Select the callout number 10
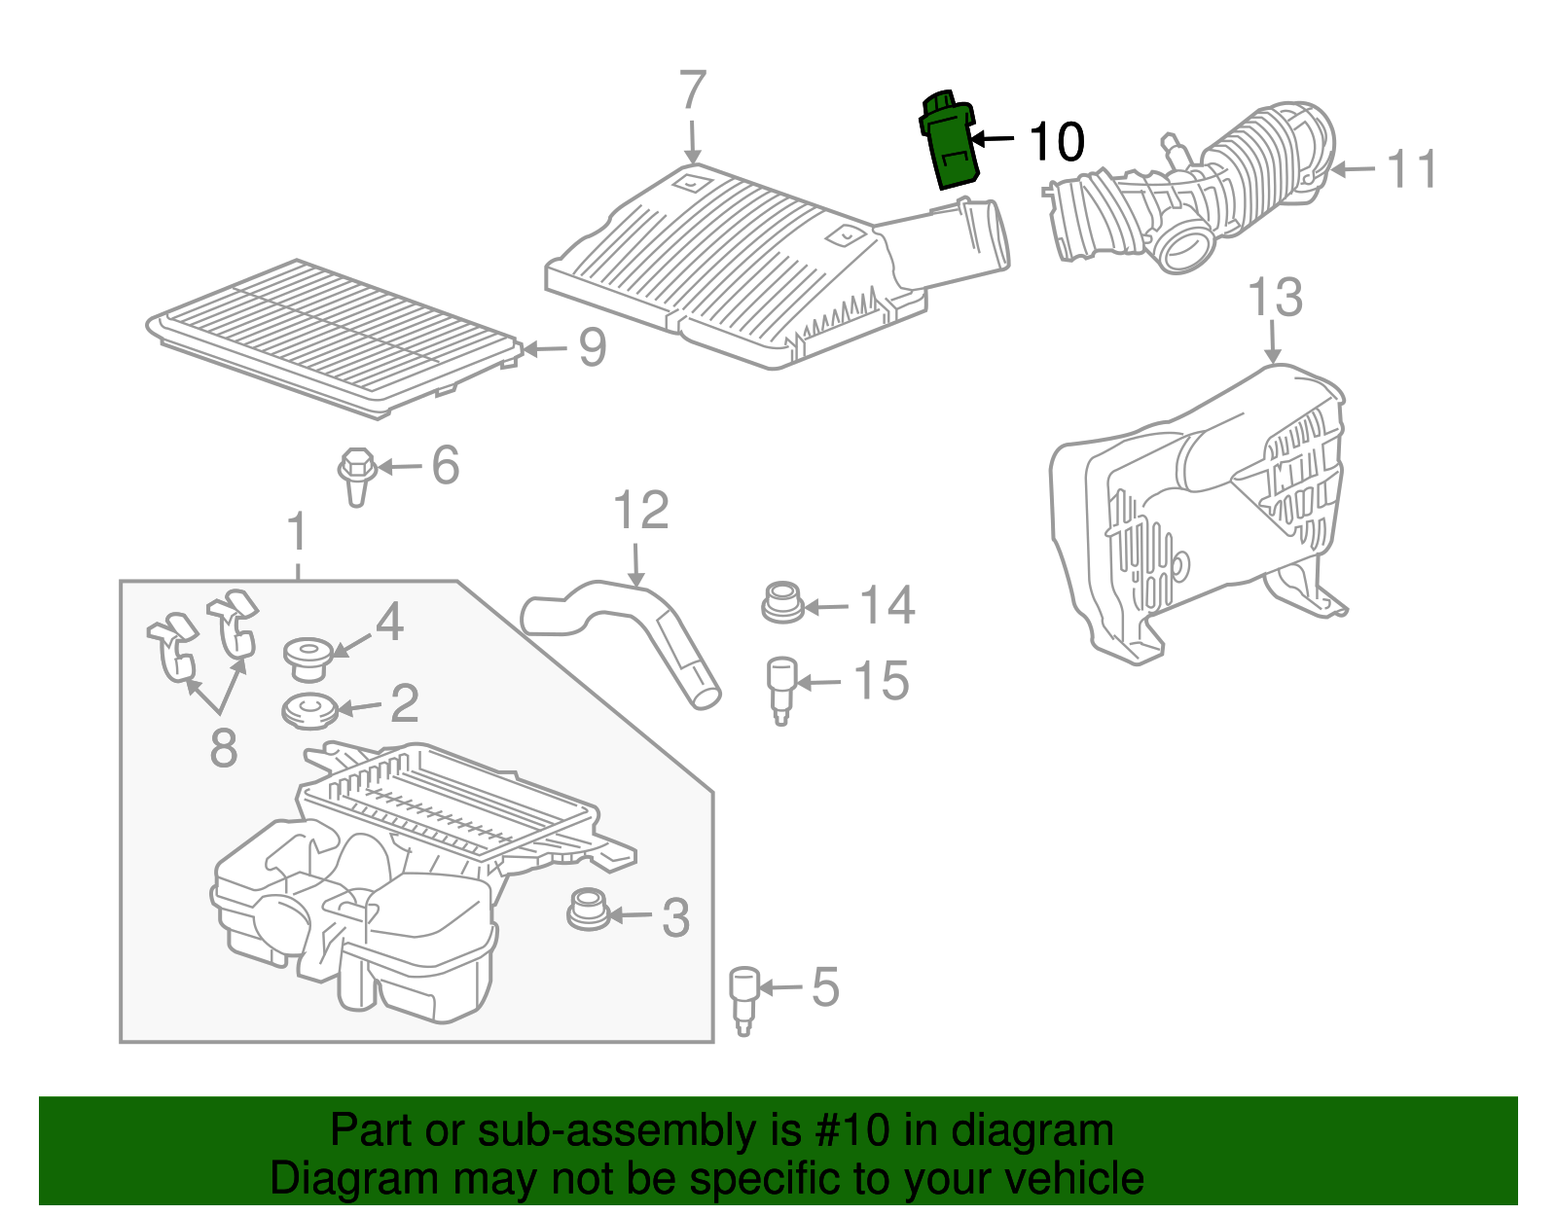click(1056, 142)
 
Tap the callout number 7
click(692, 91)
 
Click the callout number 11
click(1412, 169)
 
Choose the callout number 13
click(1275, 298)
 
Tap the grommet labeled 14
click(781, 603)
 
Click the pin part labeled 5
click(744, 997)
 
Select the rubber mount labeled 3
click(587, 909)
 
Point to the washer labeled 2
click(309, 710)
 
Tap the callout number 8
click(224, 748)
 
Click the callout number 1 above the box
click(298, 534)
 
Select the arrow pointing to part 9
click(547, 348)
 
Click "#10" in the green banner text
click(852, 1131)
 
